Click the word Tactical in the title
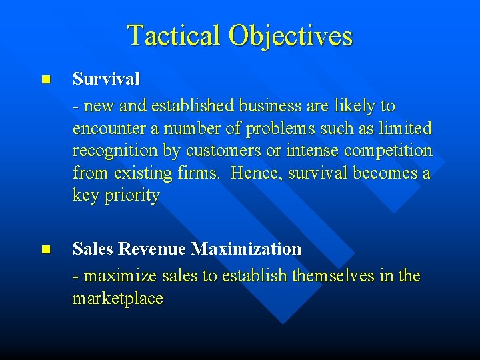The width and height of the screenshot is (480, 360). [174, 35]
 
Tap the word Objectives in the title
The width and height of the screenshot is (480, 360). [290, 35]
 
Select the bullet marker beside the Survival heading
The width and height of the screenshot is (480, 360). [45, 79]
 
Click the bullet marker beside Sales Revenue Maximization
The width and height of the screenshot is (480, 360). [45, 249]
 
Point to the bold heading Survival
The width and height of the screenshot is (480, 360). [106, 79]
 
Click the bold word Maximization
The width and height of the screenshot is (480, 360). [246, 249]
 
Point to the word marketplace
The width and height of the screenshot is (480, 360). [117, 299]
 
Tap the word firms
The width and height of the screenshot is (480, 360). [202, 173]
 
